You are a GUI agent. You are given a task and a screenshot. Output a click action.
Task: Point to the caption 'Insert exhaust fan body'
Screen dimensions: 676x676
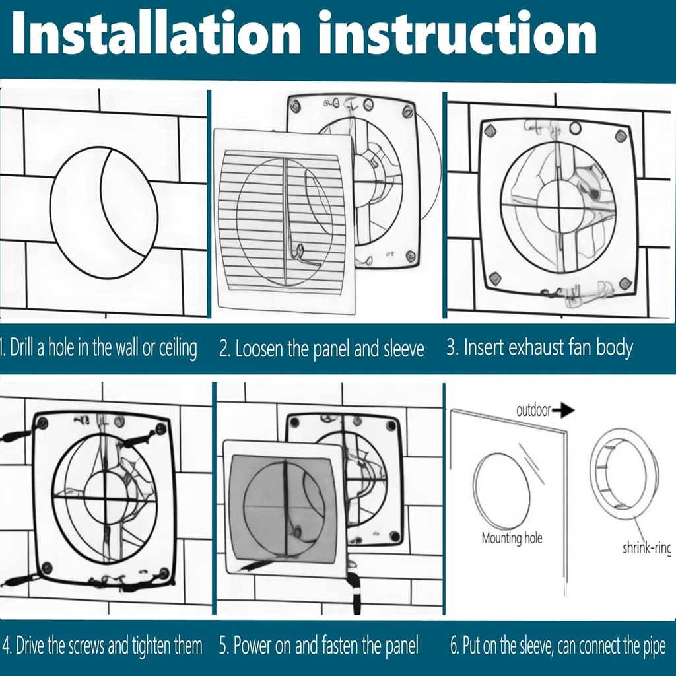tap(539, 347)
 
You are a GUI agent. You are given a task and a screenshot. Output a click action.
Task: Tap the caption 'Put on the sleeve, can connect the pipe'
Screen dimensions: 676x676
tap(558, 645)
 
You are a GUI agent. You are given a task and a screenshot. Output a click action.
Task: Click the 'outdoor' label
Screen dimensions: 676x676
tap(533, 411)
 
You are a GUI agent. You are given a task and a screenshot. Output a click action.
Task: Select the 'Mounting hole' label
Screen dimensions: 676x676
tap(512, 538)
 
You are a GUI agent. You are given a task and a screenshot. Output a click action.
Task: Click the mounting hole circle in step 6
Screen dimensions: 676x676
tap(502, 492)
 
